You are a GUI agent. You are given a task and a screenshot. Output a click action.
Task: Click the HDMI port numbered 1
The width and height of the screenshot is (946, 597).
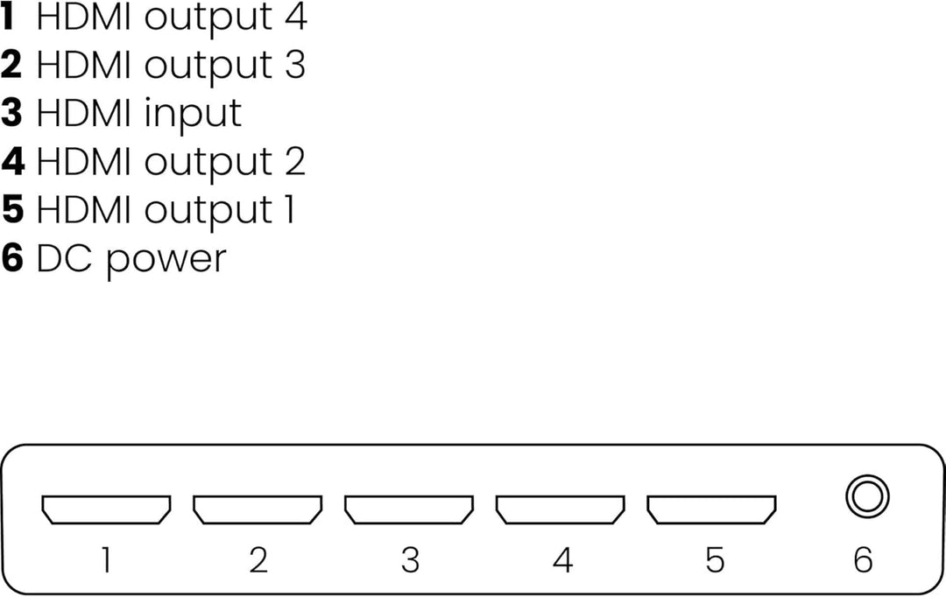click(106, 509)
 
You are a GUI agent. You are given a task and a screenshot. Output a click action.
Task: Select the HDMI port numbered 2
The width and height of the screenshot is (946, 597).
click(258, 509)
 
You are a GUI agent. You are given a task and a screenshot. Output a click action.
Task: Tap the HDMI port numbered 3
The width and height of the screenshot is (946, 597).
click(409, 509)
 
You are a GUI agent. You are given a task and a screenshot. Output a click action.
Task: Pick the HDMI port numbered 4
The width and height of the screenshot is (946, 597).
click(561, 509)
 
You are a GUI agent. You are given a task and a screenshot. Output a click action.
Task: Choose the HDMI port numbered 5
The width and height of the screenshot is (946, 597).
click(712, 509)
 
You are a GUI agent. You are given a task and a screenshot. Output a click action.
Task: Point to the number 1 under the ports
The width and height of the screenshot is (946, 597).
click(106, 560)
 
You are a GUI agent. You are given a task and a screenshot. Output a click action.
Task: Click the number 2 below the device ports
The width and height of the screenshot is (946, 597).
click(258, 560)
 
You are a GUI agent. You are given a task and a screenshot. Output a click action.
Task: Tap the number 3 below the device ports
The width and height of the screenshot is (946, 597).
click(410, 560)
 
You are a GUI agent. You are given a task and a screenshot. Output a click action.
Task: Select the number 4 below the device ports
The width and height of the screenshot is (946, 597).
click(561, 560)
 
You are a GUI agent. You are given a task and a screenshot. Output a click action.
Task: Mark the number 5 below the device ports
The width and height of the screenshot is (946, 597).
click(714, 560)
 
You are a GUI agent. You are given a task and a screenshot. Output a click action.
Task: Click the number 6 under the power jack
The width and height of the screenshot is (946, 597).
click(863, 560)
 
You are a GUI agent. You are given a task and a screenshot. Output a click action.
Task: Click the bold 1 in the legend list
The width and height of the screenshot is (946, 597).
click(11, 17)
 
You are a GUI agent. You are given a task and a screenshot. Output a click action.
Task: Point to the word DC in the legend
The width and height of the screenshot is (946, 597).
click(60, 259)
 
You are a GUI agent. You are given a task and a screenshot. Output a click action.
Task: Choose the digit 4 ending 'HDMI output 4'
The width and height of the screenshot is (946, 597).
click(295, 17)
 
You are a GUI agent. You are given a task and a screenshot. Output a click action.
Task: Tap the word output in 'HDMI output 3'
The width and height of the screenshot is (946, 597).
click(208, 67)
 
